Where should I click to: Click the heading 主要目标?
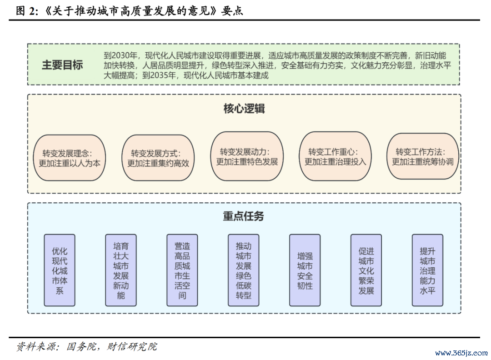click(62, 65)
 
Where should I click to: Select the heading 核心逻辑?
click(244, 108)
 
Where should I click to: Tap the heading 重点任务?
click(243, 216)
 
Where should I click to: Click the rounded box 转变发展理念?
click(70, 158)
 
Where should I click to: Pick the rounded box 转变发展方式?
click(158, 158)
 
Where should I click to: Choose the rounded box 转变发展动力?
click(247, 156)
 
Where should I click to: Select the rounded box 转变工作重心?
click(336, 156)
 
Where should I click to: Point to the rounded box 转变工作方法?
click(423, 156)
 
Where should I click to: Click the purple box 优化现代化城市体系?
click(60, 270)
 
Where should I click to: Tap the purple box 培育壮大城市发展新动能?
click(121, 270)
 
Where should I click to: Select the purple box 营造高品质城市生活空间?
click(182, 270)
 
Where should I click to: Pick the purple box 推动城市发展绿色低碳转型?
click(244, 270)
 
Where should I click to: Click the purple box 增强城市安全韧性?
click(305, 270)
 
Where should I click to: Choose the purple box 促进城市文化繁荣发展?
click(366, 270)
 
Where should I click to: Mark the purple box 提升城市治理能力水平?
click(427, 270)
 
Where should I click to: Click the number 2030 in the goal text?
click(120, 56)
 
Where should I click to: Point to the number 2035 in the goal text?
click(159, 75)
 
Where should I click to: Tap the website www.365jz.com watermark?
click(461, 353)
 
